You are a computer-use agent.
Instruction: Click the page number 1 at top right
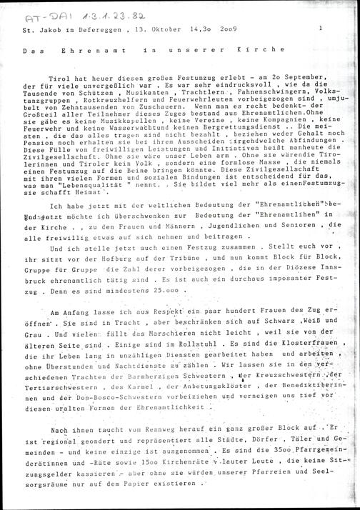point(322,29)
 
